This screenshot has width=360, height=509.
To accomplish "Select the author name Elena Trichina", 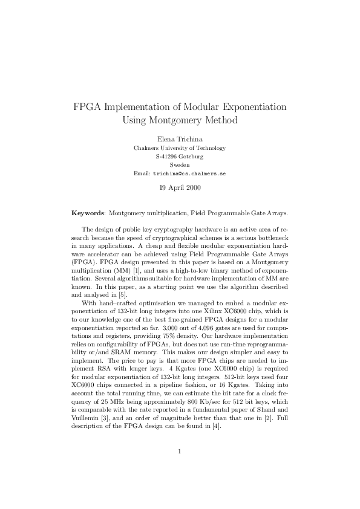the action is [180, 139].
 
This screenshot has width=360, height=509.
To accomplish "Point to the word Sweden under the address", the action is [180, 164].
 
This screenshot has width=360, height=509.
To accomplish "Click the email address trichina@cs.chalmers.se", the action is [189, 173].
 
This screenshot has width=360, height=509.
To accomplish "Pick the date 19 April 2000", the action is [180, 187].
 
